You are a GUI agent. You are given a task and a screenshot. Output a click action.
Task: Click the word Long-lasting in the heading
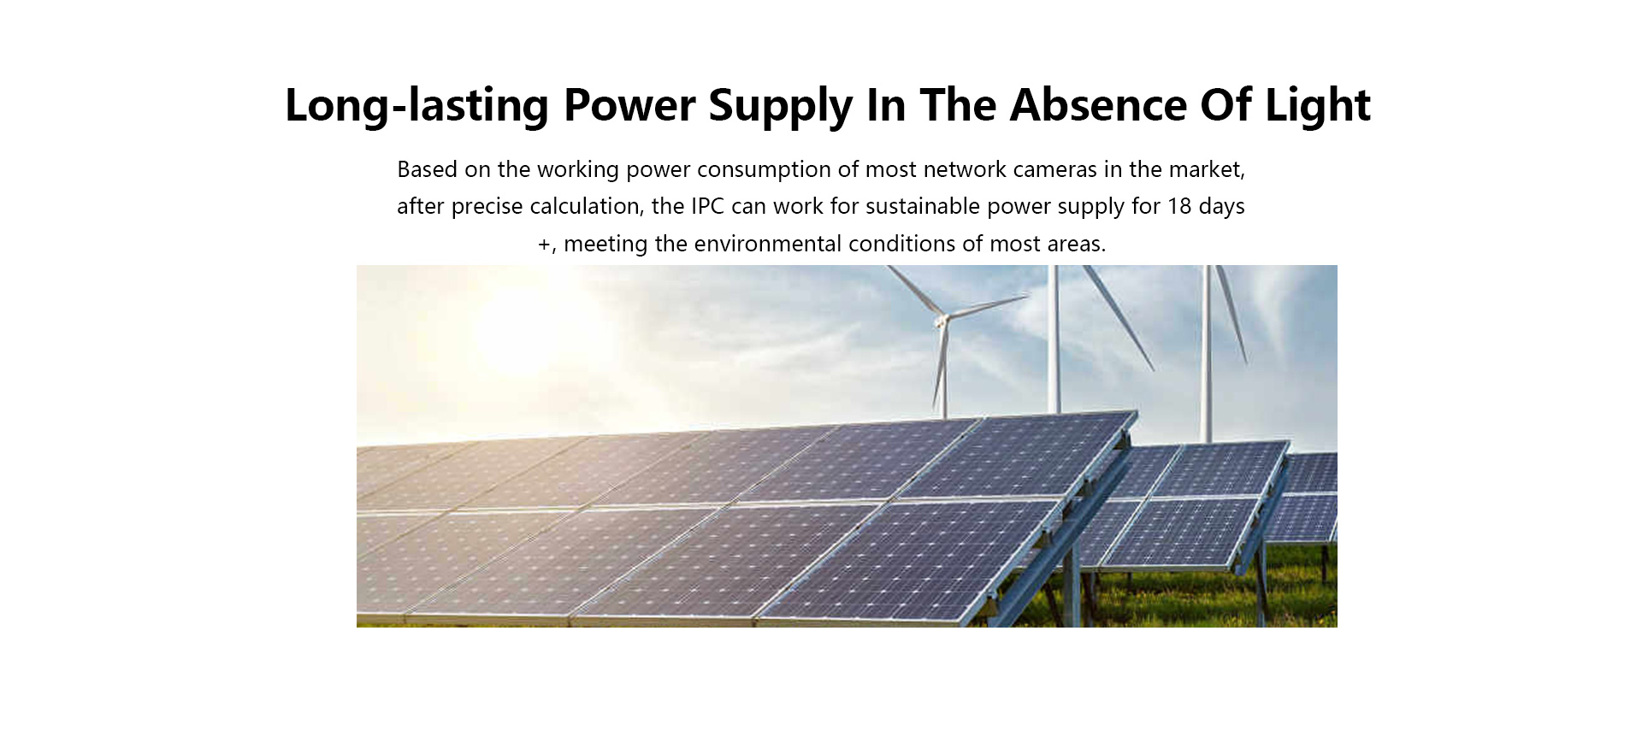click(x=416, y=106)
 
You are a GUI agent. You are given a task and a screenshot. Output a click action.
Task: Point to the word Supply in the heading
click(x=781, y=106)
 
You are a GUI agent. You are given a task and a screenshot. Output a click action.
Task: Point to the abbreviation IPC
click(x=707, y=206)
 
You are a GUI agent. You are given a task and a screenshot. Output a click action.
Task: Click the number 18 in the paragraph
click(x=1179, y=206)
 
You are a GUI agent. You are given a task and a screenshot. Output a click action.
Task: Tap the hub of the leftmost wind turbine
click(x=942, y=321)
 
